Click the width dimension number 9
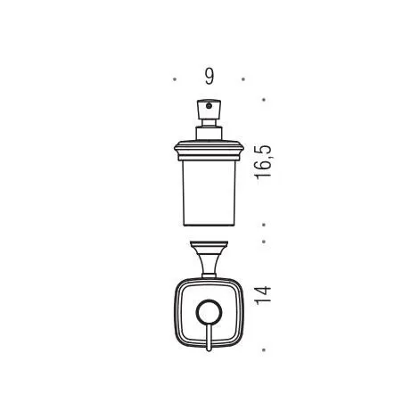pos(209,78)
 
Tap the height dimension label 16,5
pos(263,162)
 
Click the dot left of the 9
pos(175,79)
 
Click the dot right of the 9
pos(243,79)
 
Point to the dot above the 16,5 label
pos(264,100)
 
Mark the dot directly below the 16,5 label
pos(264,225)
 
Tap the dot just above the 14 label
pos(264,242)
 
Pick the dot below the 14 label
pos(264,350)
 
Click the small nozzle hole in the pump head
pos(209,105)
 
